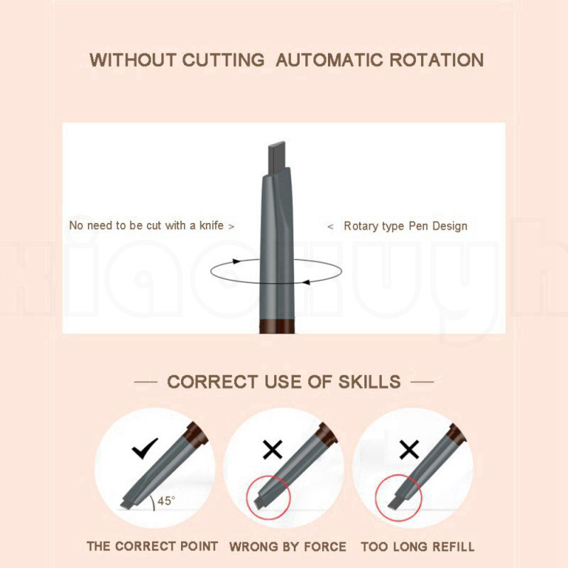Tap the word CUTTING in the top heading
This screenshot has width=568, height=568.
[223, 60]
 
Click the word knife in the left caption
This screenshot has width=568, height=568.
[212, 225]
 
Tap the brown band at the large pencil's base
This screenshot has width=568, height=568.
[277, 326]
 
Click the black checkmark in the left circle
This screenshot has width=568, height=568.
[145, 449]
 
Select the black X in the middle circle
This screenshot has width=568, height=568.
[273, 449]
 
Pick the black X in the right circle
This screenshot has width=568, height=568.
[409, 449]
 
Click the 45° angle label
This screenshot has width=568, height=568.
[166, 501]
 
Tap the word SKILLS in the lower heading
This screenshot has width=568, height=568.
[369, 382]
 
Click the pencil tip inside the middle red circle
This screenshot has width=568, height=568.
[260, 503]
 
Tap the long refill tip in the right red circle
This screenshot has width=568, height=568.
[395, 503]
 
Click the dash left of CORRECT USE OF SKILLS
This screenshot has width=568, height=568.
[146, 382]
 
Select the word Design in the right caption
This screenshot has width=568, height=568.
[450, 226]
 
